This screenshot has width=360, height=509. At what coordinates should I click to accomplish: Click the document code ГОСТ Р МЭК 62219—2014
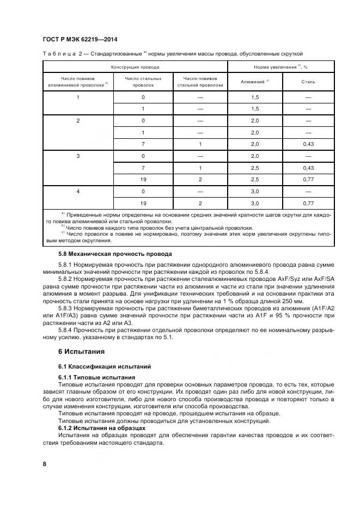tap(80, 40)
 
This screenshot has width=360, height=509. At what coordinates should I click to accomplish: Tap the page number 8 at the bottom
tap(44, 463)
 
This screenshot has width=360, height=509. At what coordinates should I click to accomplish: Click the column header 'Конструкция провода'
tap(135, 67)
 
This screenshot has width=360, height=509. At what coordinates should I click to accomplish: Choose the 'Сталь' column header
tap(308, 82)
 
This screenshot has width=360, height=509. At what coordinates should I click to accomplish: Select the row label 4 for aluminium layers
tap(78, 191)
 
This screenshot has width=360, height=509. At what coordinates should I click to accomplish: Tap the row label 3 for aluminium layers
tap(78, 156)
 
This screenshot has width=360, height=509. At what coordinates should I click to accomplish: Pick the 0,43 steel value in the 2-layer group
tap(308, 144)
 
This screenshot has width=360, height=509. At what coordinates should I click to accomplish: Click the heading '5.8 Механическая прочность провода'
tap(115, 254)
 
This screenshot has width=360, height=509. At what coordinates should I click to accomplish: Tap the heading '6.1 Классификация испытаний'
tap(105, 366)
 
